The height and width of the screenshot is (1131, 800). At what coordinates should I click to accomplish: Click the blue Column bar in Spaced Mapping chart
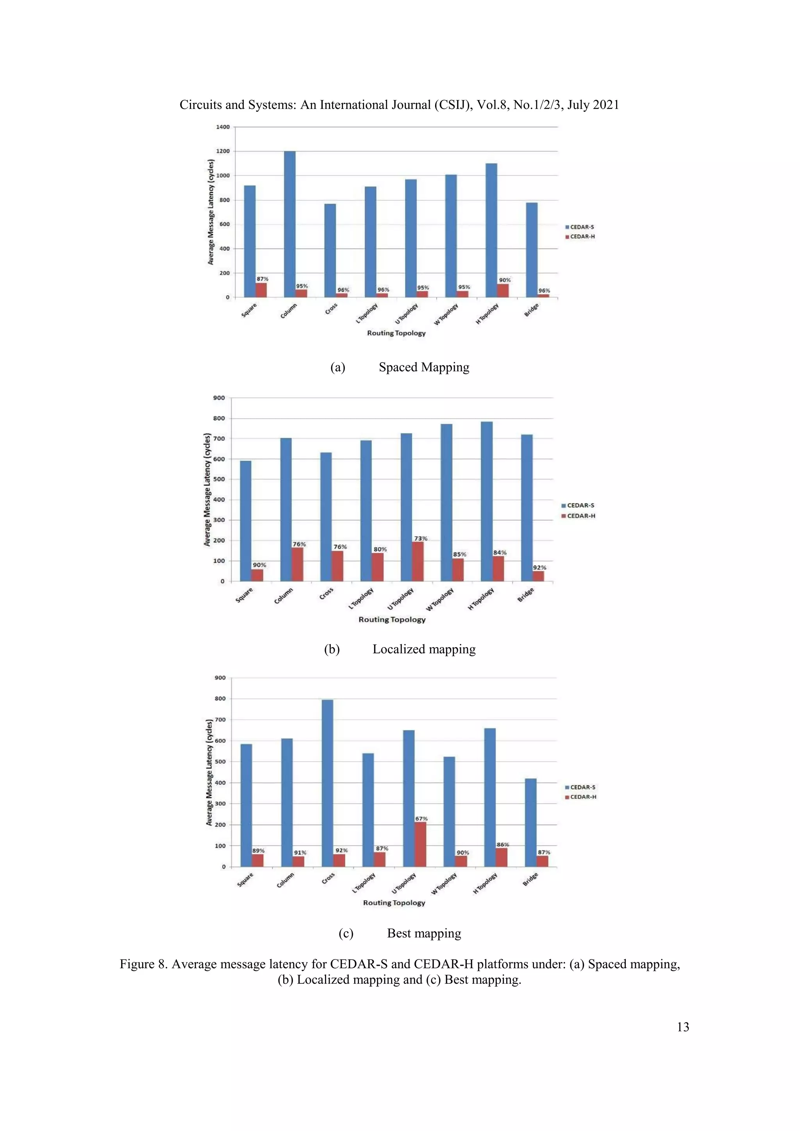[x=290, y=224]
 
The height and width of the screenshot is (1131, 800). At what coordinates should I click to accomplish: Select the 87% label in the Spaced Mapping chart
[x=262, y=279]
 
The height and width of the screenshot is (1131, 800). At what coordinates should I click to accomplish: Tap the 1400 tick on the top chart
[x=223, y=127]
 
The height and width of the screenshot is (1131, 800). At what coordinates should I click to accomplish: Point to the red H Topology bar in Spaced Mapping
[x=503, y=291]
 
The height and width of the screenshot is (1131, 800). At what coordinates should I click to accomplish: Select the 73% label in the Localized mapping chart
[x=421, y=539]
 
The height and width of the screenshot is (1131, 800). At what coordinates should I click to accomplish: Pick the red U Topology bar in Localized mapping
[x=418, y=562]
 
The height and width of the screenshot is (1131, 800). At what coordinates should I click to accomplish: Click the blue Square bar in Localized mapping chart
[x=245, y=521]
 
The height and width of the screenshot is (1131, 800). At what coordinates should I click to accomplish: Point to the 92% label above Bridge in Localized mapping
[x=539, y=567]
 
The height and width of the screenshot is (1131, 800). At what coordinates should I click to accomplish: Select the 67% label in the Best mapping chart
[x=421, y=819]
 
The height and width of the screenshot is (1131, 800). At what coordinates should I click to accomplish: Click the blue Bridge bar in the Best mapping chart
[x=530, y=822]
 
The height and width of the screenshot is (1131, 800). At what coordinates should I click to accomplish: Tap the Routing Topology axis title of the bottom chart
[x=394, y=903]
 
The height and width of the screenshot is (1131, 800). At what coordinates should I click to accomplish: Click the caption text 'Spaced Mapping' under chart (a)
[x=424, y=367]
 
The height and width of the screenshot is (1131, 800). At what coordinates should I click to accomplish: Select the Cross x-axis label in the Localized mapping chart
[x=326, y=594]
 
